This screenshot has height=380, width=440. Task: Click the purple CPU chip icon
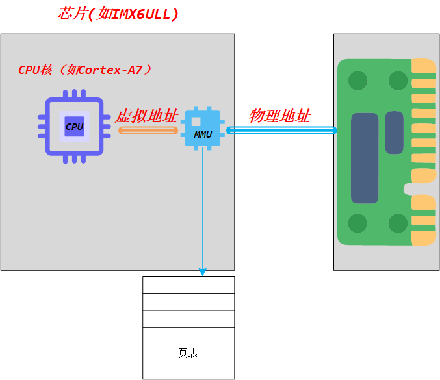coord(74,127)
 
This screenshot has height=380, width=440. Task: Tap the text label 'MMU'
coord(203,134)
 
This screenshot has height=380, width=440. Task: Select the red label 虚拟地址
coord(147,116)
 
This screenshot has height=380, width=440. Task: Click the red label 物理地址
coord(279,116)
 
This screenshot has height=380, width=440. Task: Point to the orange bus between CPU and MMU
coord(148,131)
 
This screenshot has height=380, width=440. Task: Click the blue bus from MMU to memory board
coord(281,131)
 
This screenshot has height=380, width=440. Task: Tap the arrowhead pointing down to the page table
coord(202,272)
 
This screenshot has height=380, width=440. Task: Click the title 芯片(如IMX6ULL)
coord(118,14)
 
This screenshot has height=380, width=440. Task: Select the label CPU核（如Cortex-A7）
coord(85,70)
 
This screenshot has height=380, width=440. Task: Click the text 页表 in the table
coord(188,353)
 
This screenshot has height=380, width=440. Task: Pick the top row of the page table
coord(188,285)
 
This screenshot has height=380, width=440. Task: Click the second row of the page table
coord(188,301)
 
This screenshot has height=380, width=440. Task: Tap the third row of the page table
coord(188,318)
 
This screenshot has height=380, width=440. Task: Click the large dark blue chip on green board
coord(365,158)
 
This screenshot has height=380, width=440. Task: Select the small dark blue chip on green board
coord(394,133)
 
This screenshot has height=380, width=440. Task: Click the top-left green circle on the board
coord(357,81)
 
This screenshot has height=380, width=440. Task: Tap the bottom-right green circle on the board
coord(398,223)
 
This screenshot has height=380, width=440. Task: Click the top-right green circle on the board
coord(398,81)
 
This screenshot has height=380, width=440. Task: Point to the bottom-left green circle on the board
coord(357,223)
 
